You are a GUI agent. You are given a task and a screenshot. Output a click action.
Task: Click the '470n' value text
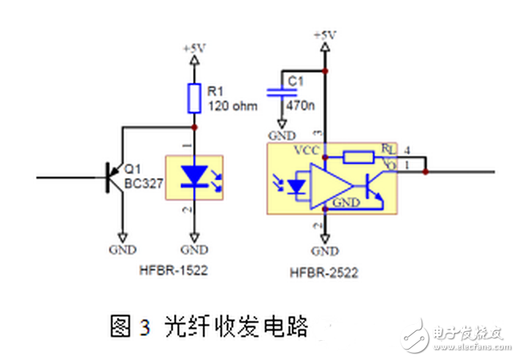point(301,103)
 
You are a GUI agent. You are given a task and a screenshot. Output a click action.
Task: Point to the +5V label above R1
point(194,49)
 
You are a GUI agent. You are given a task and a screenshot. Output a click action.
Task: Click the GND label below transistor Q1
point(122,249)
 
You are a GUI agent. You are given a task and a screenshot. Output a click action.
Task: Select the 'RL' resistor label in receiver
point(386,148)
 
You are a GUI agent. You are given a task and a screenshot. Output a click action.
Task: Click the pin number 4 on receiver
point(407,149)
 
